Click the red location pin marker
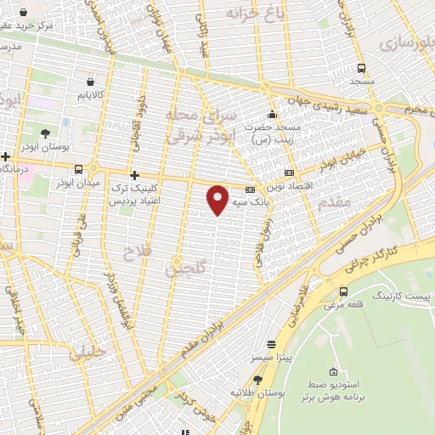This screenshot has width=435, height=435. click(x=218, y=199)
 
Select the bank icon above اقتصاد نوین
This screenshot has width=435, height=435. click(x=290, y=172)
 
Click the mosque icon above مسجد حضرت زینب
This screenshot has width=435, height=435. click(x=272, y=115)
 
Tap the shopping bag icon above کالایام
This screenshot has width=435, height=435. click(x=90, y=82)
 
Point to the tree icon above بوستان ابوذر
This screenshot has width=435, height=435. click(x=44, y=133)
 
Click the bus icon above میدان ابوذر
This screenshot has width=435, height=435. click(x=79, y=168)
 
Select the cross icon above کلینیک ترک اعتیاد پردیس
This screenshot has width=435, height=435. click(x=134, y=174)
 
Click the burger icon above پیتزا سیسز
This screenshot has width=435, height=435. click(x=271, y=344)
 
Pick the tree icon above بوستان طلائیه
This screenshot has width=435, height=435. click(x=258, y=380)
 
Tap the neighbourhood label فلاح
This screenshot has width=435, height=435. click(x=135, y=252)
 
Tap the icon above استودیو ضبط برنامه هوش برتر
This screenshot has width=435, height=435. click(x=333, y=373)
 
